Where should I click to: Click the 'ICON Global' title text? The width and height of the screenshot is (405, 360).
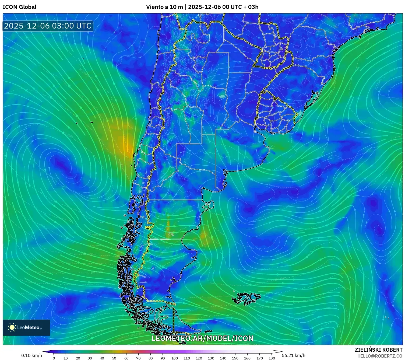tap(19, 7)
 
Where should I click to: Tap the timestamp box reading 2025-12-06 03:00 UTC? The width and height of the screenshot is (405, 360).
tap(48, 26)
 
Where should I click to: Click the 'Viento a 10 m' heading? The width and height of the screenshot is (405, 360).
tap(164, 7)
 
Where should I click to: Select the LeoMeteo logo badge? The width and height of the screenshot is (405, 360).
tap(26, 327)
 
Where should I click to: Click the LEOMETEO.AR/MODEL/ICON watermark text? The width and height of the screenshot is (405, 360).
tap(202, 338)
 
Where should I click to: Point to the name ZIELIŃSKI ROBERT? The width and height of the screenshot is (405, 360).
tap(378, 350)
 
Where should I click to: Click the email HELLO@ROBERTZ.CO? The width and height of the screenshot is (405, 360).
tap(380, 356)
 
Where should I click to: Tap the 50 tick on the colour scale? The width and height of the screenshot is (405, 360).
tap(114, 358)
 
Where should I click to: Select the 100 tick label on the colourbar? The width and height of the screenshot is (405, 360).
tap(175, 358)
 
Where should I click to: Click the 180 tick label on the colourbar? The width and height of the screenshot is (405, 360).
tap(272, 358)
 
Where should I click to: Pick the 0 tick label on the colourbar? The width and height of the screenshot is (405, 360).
tap(54, 358)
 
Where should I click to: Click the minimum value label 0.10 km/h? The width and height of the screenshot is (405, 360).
tap(32, 355)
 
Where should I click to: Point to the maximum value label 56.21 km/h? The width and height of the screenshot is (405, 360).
tap(294, 355)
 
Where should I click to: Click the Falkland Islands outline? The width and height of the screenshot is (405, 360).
tap(246, 298)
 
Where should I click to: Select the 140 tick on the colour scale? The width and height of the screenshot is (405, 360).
tap(223, 358)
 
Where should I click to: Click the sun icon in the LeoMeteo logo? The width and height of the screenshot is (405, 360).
tap(12, 327)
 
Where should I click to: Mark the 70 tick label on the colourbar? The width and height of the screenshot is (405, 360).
tap(138, 358)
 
